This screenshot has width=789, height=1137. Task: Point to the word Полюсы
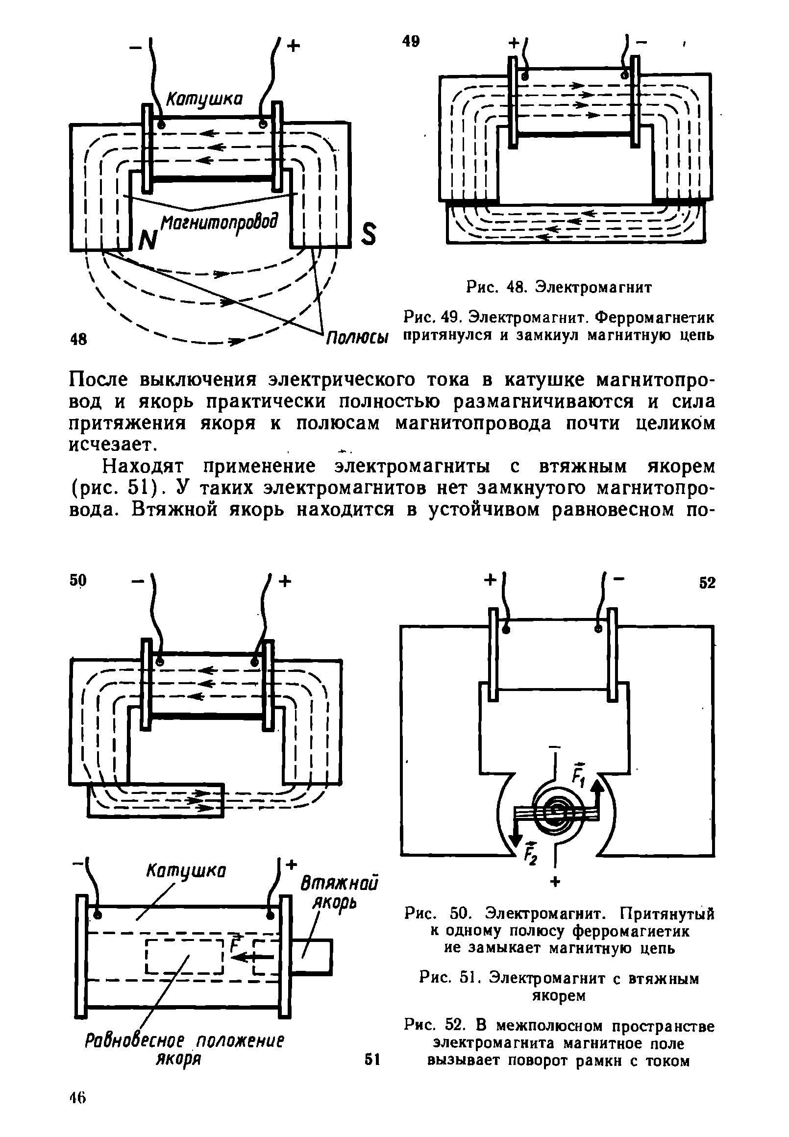point(357,340)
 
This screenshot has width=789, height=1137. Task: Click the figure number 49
point(410,42)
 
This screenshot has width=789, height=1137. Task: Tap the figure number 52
point(707,583)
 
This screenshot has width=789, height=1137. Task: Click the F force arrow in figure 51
point(252,957)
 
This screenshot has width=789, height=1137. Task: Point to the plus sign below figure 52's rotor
point(555,882)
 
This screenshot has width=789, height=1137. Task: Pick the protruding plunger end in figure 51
point(312,957)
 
